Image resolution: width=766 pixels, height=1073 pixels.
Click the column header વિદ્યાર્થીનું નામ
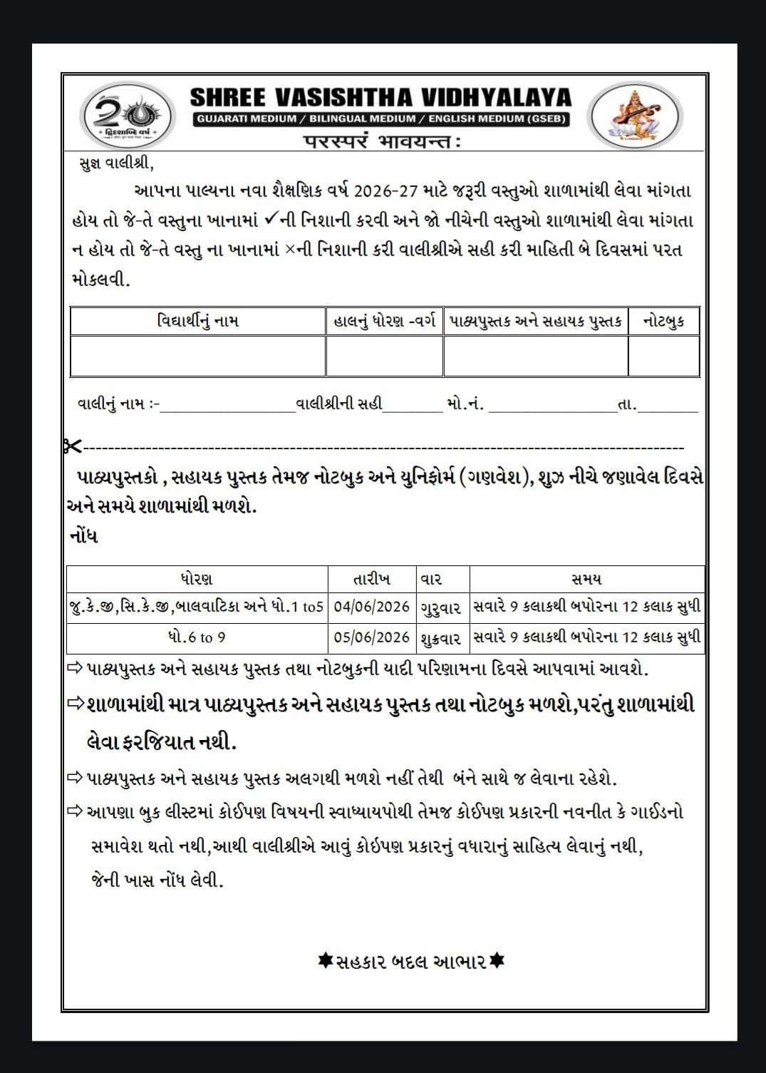point(198,321)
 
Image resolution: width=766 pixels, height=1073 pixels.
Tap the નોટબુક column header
point(663,321)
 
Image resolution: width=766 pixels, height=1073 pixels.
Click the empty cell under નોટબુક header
point(663,356)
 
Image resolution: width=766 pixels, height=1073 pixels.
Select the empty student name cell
point(198,356)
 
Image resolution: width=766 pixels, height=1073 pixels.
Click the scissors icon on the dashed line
point(73,447)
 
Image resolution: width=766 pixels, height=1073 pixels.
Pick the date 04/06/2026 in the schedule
point(371,607)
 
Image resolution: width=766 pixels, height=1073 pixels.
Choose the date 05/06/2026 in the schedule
point(371,637)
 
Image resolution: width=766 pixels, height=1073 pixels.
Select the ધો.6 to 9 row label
point(197,637)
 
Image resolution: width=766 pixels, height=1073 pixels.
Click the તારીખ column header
point(371,577)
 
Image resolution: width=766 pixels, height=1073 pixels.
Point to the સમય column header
point(586,577)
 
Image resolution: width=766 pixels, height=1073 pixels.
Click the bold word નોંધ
point(84,536)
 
